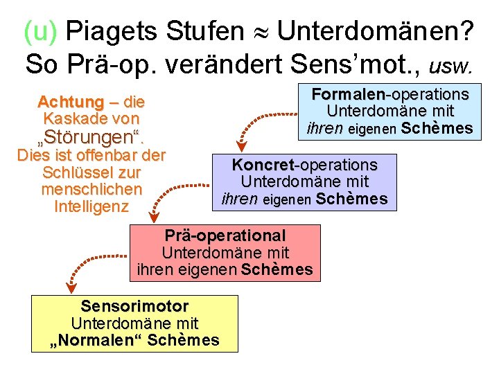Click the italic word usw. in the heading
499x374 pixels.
click(x=451, y=65)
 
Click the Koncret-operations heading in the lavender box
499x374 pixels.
click(x=304, y=165)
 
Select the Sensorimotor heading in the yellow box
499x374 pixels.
click(x=134, y=305)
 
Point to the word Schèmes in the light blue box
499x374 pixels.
click(x=437, y=128)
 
